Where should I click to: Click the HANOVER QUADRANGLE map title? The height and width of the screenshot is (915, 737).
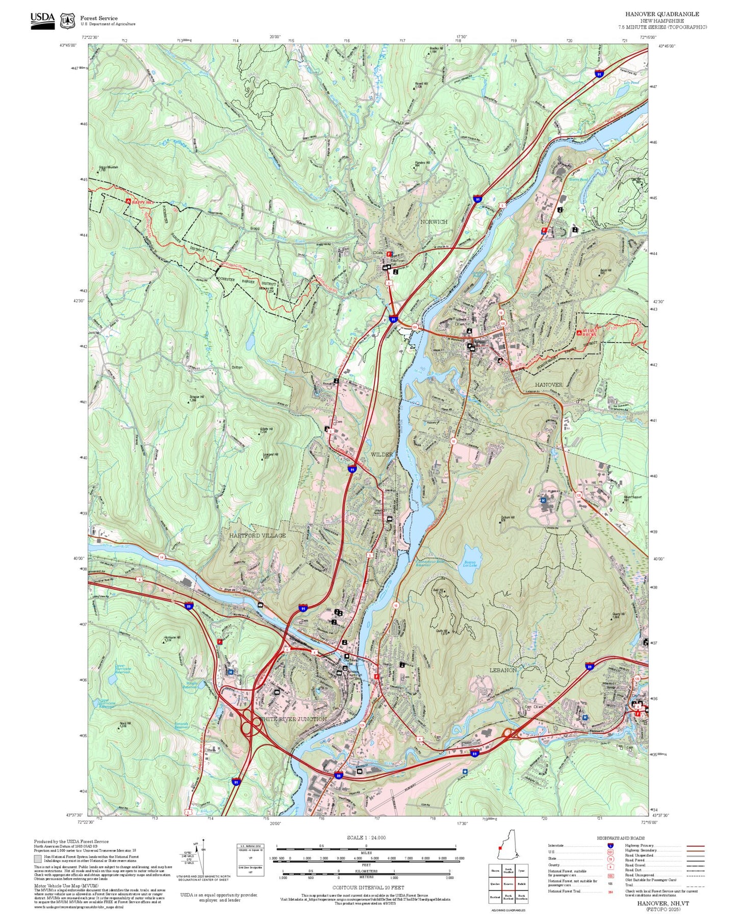[x=662, y=14]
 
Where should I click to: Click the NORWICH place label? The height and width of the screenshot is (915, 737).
[x=434, y=222]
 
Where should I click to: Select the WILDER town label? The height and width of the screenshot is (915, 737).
[x=382, y=454]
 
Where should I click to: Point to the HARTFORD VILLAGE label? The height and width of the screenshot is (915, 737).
[x=257, y=536]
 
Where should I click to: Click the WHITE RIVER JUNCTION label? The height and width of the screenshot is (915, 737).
[x=292, y=719]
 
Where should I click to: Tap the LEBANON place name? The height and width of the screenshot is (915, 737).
[x=503, y=670]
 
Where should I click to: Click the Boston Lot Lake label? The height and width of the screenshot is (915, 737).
[x=470, y=564]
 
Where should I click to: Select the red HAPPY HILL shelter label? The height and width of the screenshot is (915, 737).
[x=142, y=202]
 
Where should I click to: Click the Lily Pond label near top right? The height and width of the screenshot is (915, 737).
[x=631, y=83]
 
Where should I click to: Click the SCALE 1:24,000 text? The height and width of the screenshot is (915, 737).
[x=366, y=837]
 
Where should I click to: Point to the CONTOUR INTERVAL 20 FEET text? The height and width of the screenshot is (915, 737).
[x=367, y=887]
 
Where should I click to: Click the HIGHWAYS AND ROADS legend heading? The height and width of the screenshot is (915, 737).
[x=620, y=838]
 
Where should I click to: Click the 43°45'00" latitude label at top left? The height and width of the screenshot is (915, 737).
[x=67, y=45]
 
